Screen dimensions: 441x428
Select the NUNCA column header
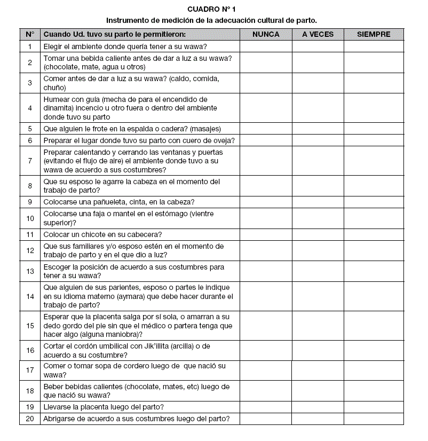coord(266,34)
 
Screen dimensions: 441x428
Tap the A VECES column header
coord(318,34)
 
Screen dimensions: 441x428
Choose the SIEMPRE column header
coord(374,34)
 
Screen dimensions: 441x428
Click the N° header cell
coord(30,34)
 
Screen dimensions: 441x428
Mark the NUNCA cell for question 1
coord(266,46)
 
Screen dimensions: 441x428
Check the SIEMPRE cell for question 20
coord(374,419)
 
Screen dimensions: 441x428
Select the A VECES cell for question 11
coord(318,234)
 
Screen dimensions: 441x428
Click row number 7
coord(30,161)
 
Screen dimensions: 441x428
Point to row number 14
coord(30,296)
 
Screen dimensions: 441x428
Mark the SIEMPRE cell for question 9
coord(374,202)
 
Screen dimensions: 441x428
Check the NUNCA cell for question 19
coord(266,407)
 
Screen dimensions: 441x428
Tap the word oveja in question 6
coord(224,140)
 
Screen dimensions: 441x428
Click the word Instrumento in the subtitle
coord(125,20)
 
